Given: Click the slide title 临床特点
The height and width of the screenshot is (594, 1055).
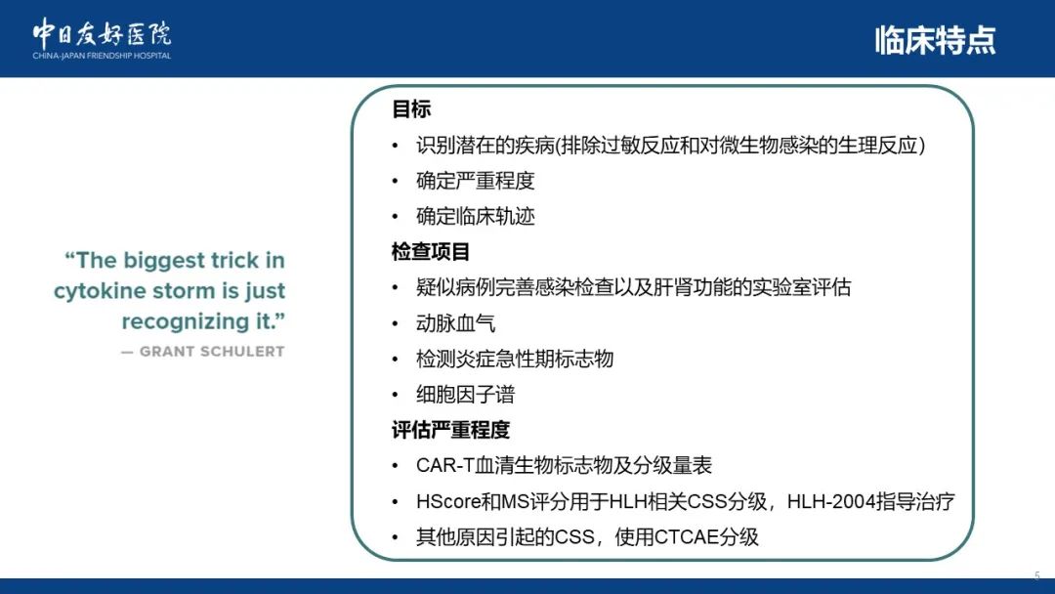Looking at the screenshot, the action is [935, 40].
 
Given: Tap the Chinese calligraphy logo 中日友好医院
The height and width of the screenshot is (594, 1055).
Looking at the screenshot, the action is [102, 33].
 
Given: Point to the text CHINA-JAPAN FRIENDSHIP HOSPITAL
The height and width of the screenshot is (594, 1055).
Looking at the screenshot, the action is [102, 56].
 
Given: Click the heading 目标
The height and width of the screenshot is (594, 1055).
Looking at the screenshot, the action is [411, 109].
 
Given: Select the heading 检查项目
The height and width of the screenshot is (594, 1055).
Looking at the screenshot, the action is [431, 252].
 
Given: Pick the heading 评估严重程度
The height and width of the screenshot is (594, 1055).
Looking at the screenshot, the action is [450, 430].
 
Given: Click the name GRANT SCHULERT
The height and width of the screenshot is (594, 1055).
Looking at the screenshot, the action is [212, 351].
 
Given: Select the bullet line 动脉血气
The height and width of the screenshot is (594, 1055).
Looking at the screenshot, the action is [455, 323].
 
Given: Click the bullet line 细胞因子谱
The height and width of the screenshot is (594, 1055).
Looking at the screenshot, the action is [466, 394].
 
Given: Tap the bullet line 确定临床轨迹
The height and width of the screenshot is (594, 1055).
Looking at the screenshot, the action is [475, 216].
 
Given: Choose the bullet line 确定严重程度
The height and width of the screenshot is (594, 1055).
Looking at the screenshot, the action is [475, 181].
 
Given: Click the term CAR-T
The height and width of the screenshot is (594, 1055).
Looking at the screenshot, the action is [445, 465].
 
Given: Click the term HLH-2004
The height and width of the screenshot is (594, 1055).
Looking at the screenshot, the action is [831, 501].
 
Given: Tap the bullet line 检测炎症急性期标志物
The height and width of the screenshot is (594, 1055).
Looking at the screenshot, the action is [515, 359].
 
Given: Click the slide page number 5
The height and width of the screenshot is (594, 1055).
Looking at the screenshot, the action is [1036, 575].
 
